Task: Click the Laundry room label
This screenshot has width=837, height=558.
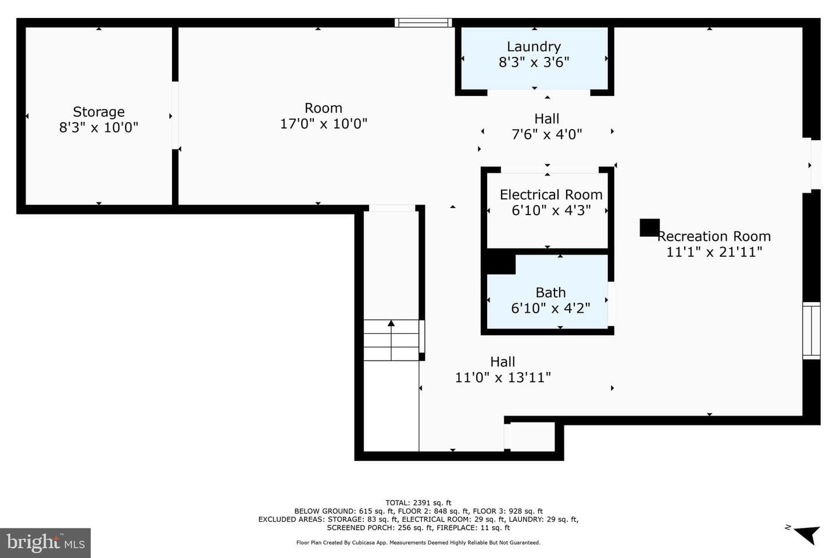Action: (x=534, y=46)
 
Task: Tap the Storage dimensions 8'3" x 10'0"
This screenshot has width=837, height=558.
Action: (x=99, y=127)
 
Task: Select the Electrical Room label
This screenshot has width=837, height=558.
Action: (x=551, y=195)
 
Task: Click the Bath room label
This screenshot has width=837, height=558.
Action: (x=550, y=292)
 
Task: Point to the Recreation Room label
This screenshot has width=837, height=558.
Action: (x=714, y=236)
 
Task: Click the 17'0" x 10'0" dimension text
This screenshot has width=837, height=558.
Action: (x=324, y=124)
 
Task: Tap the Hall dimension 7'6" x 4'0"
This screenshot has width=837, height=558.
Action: (x=546, y=134)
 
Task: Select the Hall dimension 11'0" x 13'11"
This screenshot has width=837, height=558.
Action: (x=503, y=377)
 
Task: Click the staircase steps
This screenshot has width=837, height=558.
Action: (x=391, y=340)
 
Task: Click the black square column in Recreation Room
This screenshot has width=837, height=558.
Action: (x=649, y=228)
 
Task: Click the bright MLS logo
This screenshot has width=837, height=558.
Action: (x=45, y=543)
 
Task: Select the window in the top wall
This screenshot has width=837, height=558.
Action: (x=423, y=23)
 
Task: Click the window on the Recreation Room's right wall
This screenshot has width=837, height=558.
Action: (x=811, y=331)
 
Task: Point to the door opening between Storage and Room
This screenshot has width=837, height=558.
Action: (x=175, y=116)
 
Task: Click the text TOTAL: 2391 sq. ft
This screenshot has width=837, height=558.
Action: (x=418, y=503)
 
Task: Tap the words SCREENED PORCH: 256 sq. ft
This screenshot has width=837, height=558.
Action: (x=380, y=528)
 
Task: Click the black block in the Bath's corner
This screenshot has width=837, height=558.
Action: (x=501, y=264)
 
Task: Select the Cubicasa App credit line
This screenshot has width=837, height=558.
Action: (x=418, y=543)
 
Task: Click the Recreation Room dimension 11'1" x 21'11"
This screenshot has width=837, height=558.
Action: (x=714, y=252)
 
